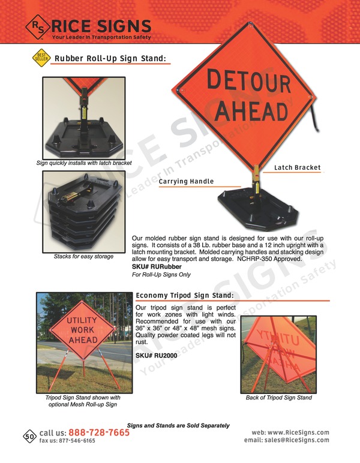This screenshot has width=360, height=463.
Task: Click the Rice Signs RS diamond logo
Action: (x=38, y=27)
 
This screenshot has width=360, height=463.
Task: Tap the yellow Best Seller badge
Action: (x=40, y=58)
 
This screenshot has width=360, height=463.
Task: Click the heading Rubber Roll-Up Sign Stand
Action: (x=110, y=59)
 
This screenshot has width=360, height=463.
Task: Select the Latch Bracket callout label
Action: (x=298, y=167)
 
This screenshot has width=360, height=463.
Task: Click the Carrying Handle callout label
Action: (x=186, y=181)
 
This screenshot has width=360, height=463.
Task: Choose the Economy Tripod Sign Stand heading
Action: (x=184, y=296)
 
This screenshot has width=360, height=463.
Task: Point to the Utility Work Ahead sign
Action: (x=82, y=330)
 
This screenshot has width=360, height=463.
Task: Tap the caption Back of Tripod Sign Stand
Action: (x=278, y=398)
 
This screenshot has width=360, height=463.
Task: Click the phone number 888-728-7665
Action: (x=99, y=432)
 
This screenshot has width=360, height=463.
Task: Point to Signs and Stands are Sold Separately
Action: (x=178, y=425)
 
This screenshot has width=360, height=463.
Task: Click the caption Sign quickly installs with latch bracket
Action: (x=83, y=163)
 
